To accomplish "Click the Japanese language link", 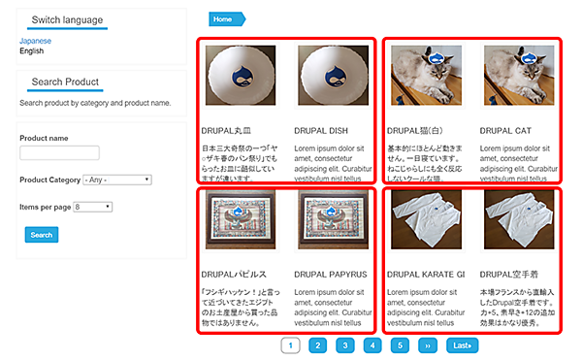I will [x=35, y=42].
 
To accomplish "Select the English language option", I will [x=32, y=51].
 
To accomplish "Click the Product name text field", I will [x=59, y=152].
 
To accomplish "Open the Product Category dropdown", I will [x=117, y=180].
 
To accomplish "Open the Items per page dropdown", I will [x=92, y=207].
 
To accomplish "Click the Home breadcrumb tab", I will [x=224, y=18].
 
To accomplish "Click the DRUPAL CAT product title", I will [x=505, y=129].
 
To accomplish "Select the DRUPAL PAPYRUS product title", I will [x=329, y=275].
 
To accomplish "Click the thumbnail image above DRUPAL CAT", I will [x=511, y=76].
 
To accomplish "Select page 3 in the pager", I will [x=344, y=344].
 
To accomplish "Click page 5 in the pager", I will [x=400, y=344].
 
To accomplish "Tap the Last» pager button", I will [x=463, y=344].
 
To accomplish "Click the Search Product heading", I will [x=64, y=82].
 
